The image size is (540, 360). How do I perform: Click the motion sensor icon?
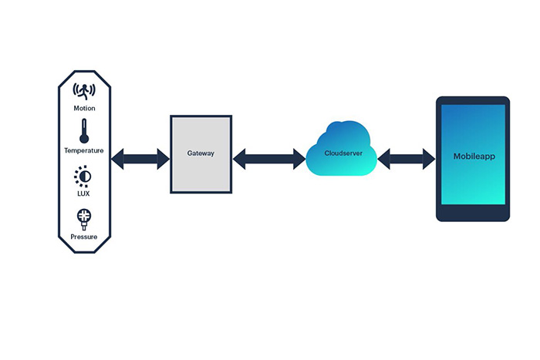coord(84,91)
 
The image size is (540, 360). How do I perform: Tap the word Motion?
coord(85,109)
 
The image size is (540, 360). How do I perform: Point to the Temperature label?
coord(84,151)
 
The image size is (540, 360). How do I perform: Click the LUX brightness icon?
coord(83,177)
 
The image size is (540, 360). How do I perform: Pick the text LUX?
coord(83,193)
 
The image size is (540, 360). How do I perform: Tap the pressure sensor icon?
coord(83,218)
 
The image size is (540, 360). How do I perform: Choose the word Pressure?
coord(84,237)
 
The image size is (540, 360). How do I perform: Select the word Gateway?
coord(201,153)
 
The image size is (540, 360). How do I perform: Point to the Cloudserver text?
coord(339,153)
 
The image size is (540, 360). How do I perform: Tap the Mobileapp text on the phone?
coord(474,156)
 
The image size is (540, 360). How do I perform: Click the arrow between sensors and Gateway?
coord(140,160)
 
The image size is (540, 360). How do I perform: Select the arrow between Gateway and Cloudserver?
coord(268,160)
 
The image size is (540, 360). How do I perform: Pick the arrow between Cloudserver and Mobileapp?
coord(407,160)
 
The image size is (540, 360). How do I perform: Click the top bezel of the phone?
coord(473,100)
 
